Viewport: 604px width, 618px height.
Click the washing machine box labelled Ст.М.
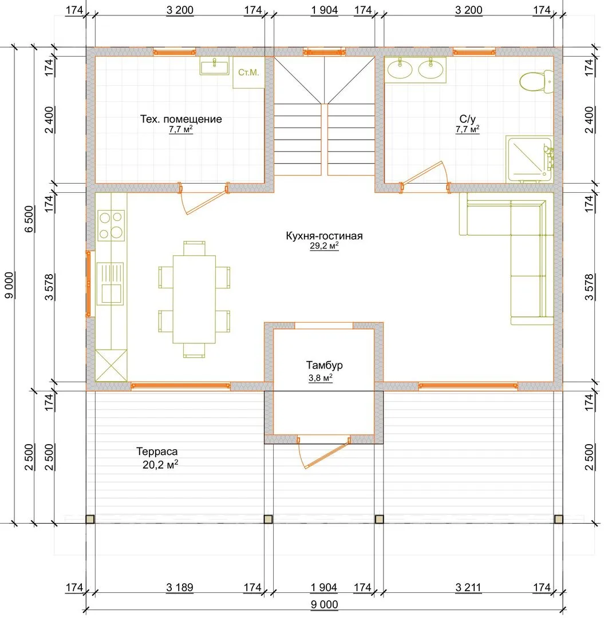(248, 73)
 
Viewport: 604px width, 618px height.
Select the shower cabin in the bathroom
(530, 159)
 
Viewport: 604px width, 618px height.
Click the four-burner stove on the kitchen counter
(111, 225)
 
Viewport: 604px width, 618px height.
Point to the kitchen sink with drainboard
(110, 284)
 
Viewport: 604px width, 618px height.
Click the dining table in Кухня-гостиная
(195, 299)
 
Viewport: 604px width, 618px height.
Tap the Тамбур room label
(325, 365)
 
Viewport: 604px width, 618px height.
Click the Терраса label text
(157, 451)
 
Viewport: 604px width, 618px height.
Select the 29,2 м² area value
(324, 246)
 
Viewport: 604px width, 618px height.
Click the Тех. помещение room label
(181, 119)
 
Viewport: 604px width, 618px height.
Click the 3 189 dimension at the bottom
(180, 587)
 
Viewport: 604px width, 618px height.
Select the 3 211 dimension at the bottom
(468, 587)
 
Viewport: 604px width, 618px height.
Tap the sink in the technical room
(215, 66)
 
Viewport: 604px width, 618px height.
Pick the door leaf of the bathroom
(422, 173)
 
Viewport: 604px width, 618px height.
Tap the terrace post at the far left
(90, 519)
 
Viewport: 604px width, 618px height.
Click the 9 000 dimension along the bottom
(324, 605)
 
